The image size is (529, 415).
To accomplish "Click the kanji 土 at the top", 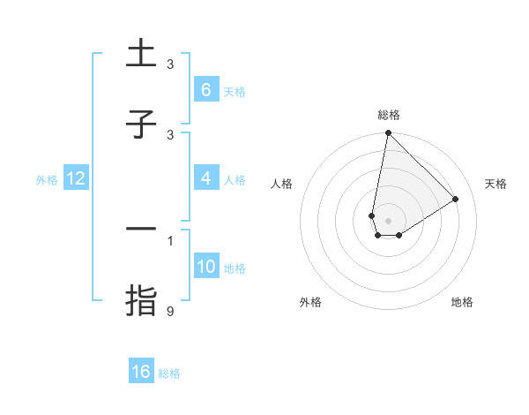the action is pyautogui.click(x=141, y=54).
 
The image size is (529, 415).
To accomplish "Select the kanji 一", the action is pyautogui.click(x=141, y=230).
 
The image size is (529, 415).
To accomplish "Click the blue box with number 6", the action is pyautogui.click(x=205, y=90).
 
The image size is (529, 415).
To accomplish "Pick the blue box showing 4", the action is pyautogui.click(x=205, y=179).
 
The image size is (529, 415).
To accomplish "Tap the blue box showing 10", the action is pyautogui.click(x=205, y=267).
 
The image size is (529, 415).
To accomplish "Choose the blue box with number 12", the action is pyautogui.click(x=76, y=179).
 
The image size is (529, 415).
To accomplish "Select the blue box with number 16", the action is pyautogui.click(x=141, y=372).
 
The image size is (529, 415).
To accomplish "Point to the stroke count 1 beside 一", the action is pyautogui.click(x=171, y=240).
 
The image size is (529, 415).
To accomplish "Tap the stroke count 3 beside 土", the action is pyautogui.click(x=171, y=64).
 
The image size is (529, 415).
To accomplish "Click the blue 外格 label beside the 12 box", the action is pyautogui.click(x=47, y=180).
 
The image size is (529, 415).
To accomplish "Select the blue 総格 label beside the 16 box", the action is pyautogui.click(x=169, y=373).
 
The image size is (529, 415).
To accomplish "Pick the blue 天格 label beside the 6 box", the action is pyautogui.click(x=234, y=91).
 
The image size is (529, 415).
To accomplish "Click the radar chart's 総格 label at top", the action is pyautogui.click(x=389, y=115).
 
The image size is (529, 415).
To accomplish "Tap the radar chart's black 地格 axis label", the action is pyautogui.click(x=462, y=302).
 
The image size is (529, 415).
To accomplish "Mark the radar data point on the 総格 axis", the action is pyautogui.click(x=388, y=133).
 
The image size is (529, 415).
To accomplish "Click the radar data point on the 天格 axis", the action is pyautogui.click(x=456, y=200).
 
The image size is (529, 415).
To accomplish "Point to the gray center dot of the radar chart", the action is pyautogui.click(x=388, y=221).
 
